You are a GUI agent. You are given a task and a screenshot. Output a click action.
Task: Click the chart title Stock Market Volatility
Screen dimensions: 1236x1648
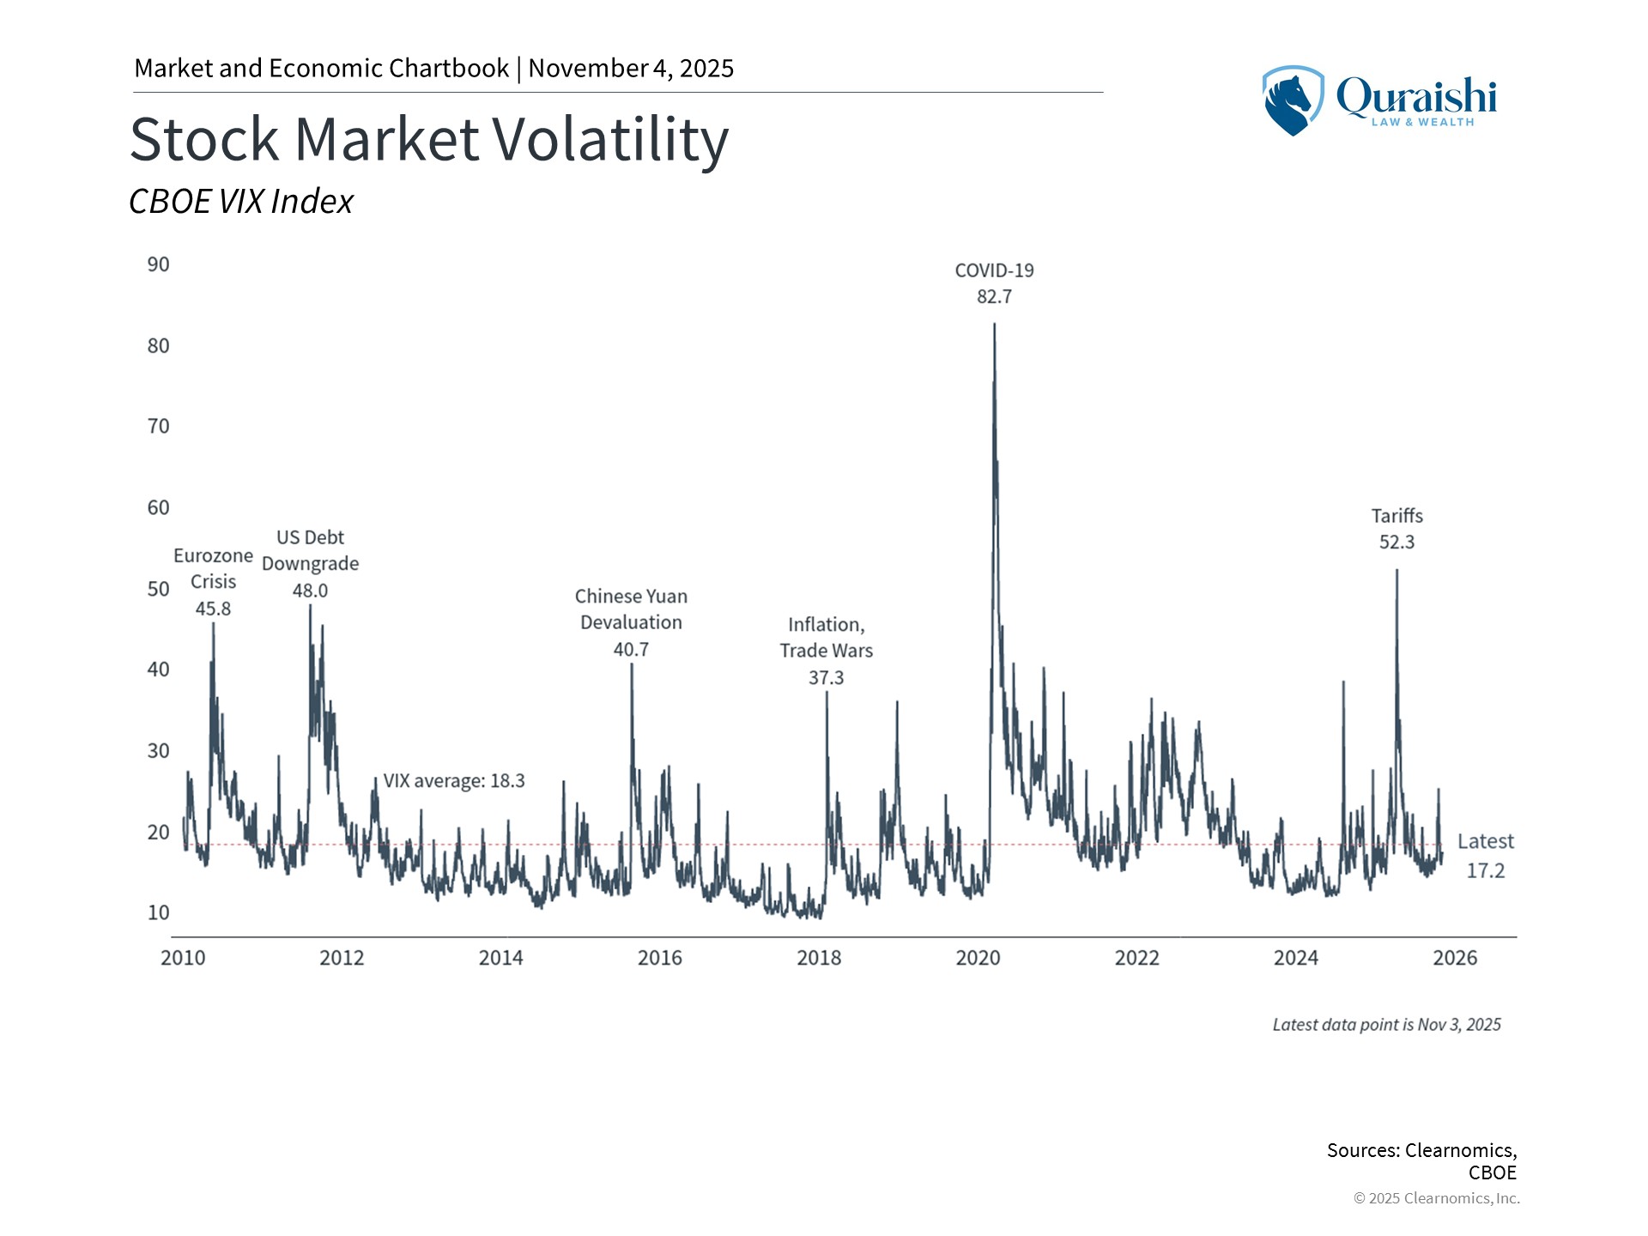[429, 139]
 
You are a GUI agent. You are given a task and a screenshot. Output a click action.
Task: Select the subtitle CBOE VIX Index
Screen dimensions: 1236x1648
[241, 202]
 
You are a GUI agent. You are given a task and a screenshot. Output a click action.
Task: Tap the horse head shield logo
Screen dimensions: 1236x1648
[1291, 100]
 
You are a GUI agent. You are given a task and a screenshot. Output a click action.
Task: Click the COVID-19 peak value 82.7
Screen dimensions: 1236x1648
[994, 297]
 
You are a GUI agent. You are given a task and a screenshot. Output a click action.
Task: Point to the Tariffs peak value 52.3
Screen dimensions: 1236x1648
[1397, 542]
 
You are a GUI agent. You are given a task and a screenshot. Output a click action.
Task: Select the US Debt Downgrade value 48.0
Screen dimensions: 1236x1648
[310, 591]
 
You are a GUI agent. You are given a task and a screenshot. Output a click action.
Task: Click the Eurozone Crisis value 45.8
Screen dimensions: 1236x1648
[213, 609]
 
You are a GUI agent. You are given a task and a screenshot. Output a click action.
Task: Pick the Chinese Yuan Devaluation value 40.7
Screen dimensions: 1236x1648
[631, 650]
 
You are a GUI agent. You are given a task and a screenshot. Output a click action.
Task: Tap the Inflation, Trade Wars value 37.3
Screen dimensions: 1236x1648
[826, 678]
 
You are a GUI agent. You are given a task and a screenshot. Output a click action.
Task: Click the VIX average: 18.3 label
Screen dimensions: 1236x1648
[453, 781]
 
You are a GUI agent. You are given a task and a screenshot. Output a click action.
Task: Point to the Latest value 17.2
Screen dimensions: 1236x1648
[1485, 870]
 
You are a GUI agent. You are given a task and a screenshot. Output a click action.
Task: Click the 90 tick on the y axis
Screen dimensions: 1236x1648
[159, 264]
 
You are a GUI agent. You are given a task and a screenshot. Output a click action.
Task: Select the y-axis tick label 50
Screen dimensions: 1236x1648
[159, 589]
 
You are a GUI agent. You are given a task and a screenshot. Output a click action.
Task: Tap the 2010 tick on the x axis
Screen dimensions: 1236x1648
[183, 958]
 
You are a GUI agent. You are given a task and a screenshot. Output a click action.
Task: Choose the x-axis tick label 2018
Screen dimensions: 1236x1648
[819, 958]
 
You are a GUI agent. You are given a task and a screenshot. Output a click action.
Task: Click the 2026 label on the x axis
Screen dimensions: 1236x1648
[1455, 958]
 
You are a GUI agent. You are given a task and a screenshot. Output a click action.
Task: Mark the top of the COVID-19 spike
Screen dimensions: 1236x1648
[994, 324]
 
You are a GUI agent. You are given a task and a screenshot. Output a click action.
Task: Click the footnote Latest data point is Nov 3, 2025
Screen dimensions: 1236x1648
[1386, 1025]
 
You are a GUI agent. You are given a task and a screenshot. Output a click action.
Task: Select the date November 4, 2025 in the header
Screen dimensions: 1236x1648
[631, 69]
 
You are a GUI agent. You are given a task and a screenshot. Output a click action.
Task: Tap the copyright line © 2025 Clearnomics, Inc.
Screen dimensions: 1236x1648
[1436, 1198]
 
